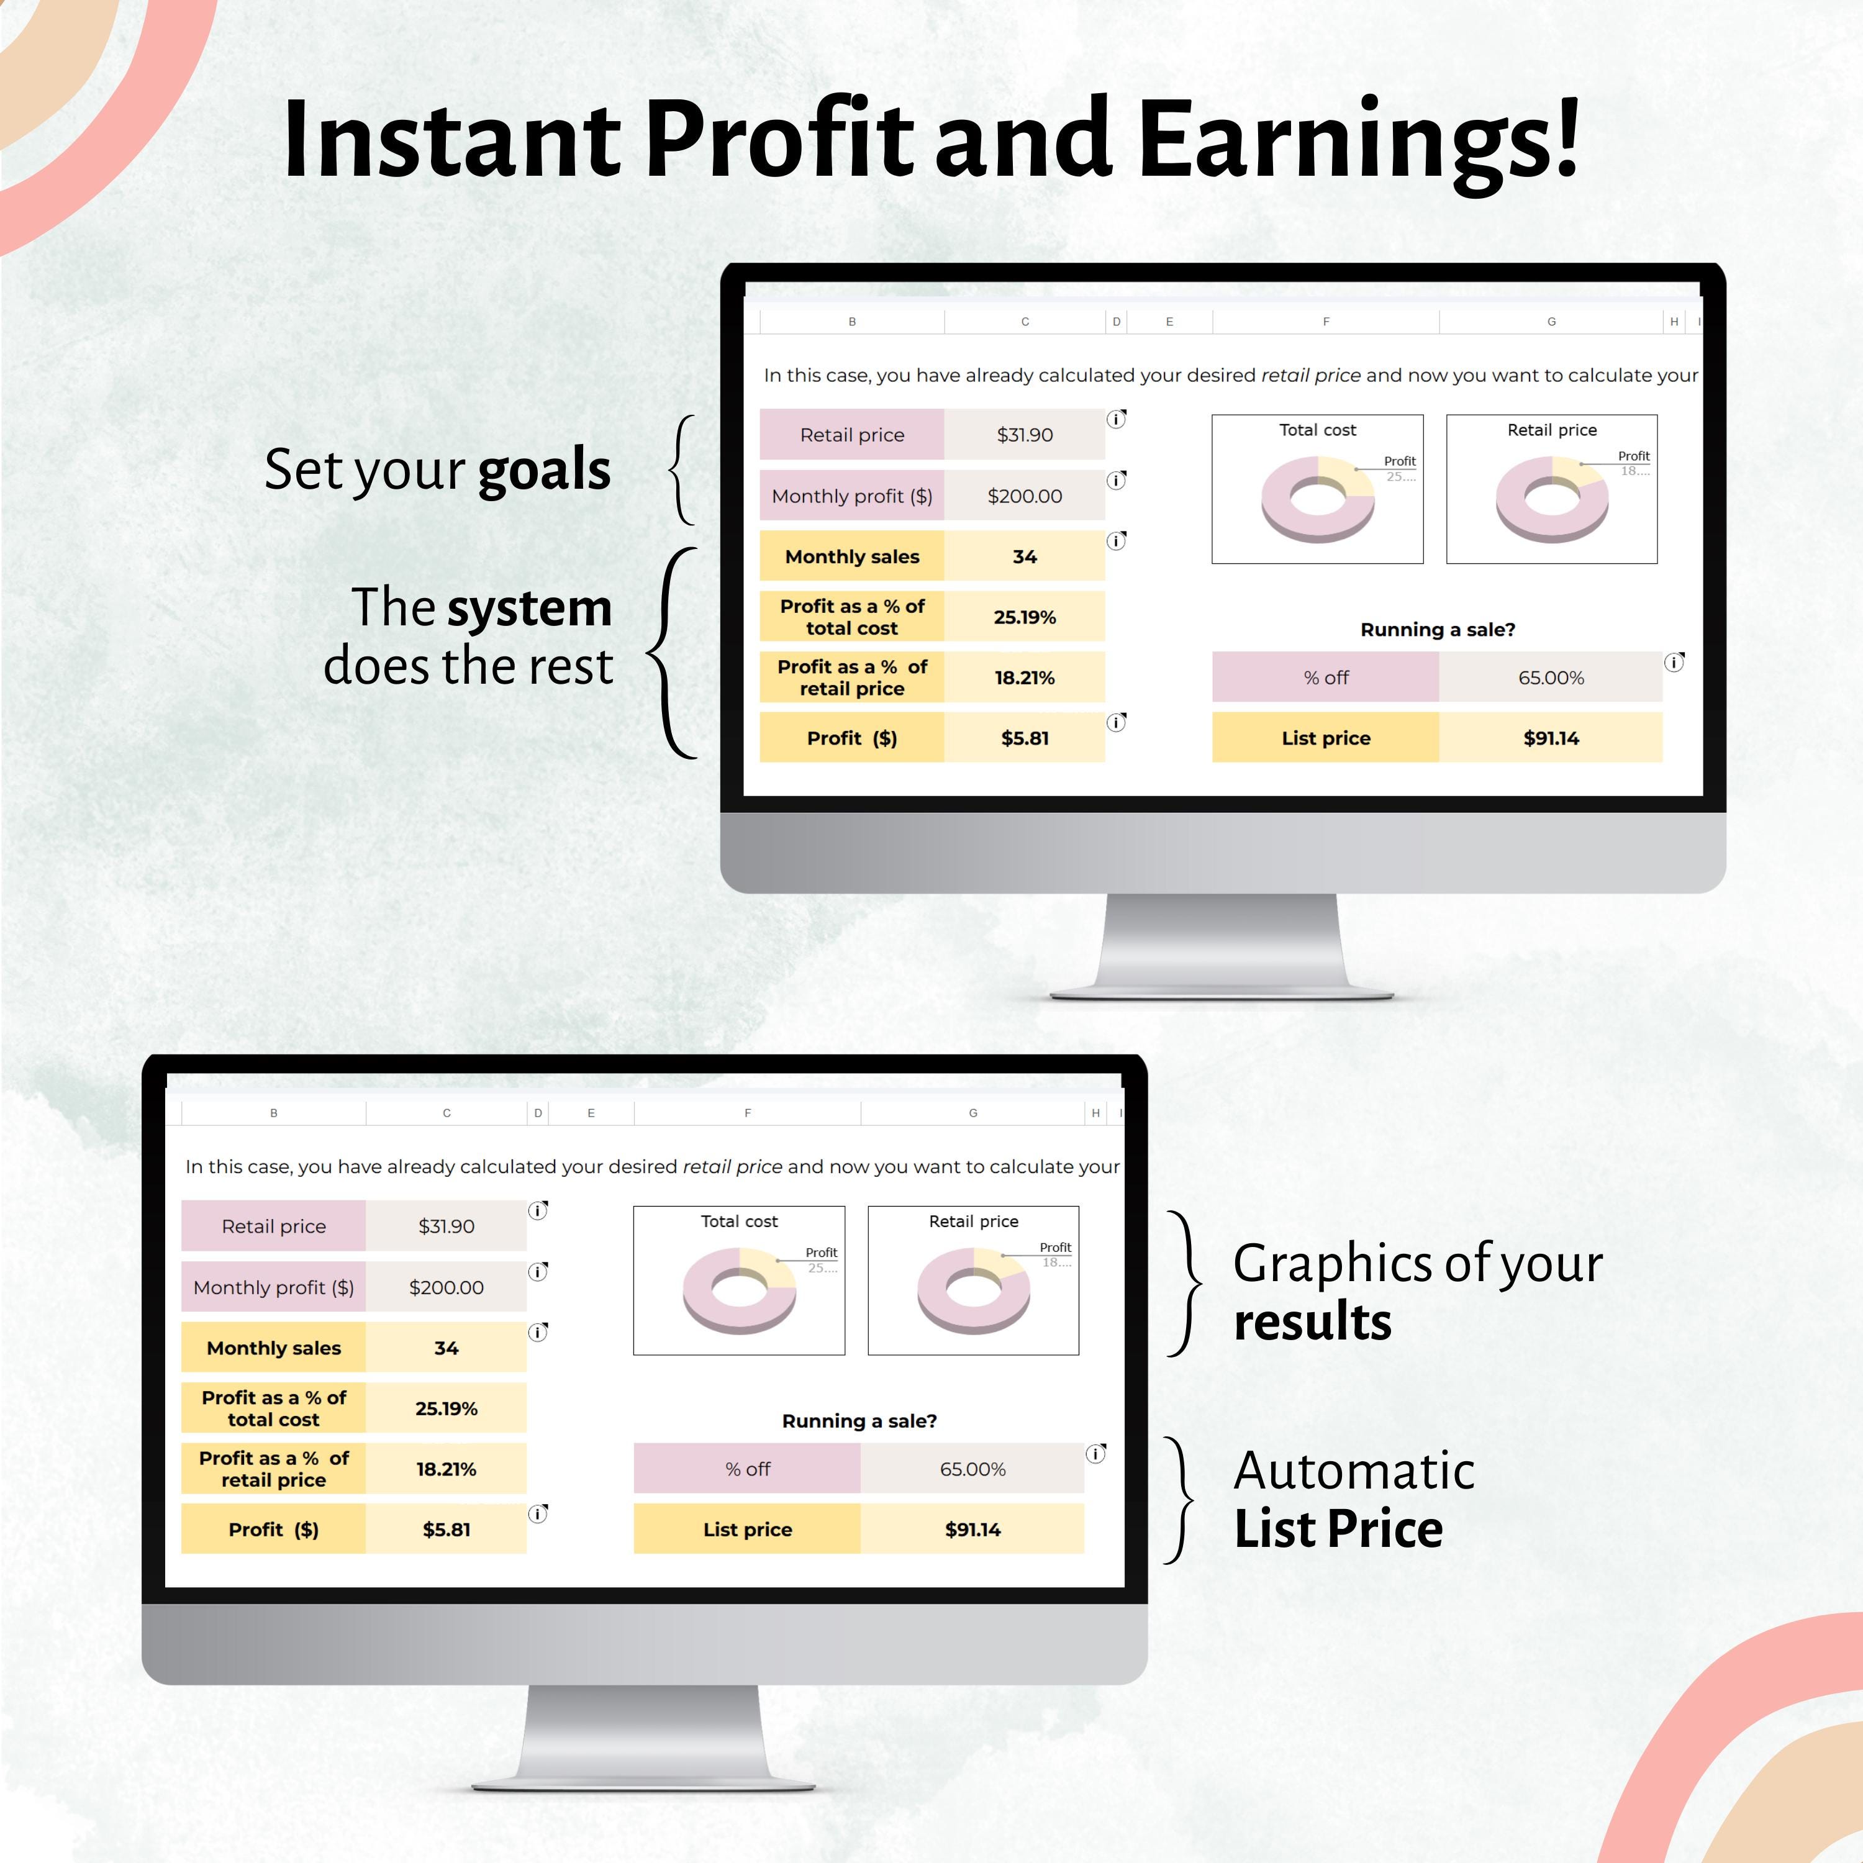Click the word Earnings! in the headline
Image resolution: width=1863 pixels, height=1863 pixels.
1358,140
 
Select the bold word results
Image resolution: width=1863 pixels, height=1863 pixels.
1312,1321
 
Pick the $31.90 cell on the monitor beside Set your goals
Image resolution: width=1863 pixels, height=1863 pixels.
1024,435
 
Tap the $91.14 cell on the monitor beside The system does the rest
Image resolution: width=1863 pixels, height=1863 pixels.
1551,738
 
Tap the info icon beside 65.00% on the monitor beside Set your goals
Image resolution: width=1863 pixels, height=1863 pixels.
1674,663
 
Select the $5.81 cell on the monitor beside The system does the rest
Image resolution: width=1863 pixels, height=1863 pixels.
1024,738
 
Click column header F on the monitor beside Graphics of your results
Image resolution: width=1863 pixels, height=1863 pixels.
747,1113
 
